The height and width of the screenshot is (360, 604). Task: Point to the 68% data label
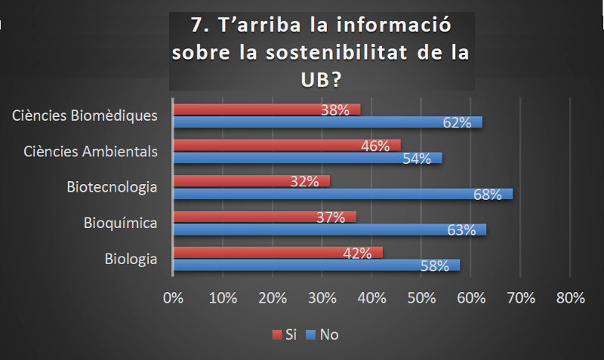488,194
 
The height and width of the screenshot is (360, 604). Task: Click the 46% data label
375,146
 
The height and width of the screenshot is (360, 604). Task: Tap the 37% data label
331,217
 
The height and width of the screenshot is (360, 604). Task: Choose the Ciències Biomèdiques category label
85,115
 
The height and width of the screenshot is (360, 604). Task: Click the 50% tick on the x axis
421,297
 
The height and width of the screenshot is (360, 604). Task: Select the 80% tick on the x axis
570,297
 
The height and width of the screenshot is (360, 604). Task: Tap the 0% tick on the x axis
174,297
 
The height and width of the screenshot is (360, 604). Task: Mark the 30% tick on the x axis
322,297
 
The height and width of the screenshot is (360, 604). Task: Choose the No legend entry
322,334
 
